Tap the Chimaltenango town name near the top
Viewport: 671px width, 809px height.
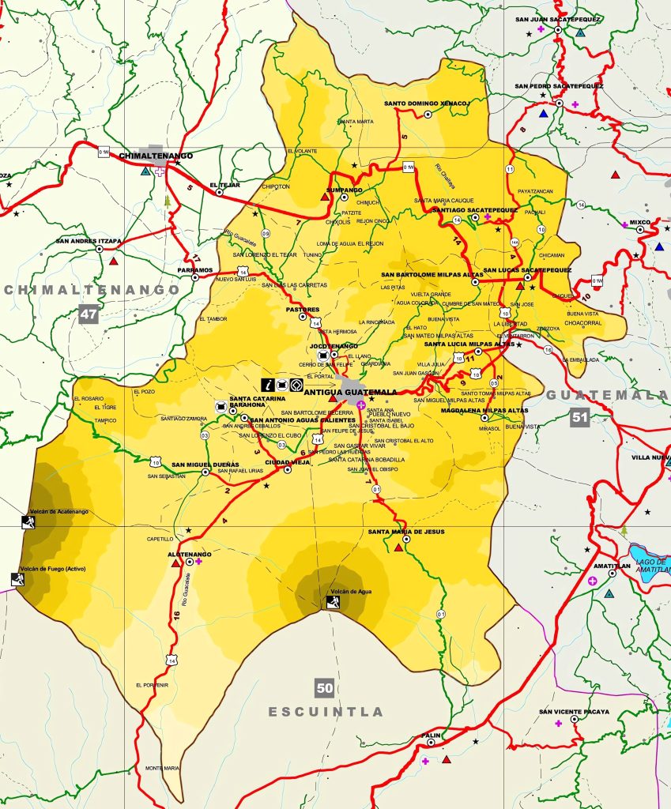tap(155, 156)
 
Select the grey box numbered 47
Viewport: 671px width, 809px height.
tap(89, 314)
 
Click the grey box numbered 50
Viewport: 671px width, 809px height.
tap(324, 687)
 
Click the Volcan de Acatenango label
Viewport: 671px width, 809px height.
tap(59, 512)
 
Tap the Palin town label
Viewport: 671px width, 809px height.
tap(430, 735)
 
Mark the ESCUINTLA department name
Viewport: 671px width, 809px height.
tap(326, 712)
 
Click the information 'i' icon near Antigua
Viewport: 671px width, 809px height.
tap(270, 384)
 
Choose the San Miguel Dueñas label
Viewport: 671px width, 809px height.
tap(205, 465)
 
